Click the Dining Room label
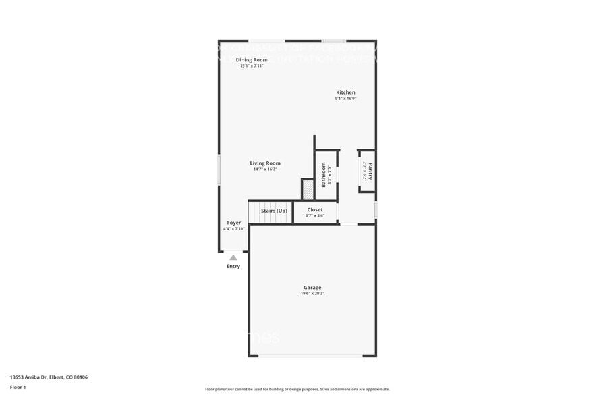coord(251,60)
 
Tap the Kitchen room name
coord(346,92)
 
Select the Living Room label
coord(265,163)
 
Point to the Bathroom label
coord(323,174)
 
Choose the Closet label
coord(315,210)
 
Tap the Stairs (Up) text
coord(273,211)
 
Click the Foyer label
coord(233,223)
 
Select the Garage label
coord(312,288)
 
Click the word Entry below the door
coord(233,266)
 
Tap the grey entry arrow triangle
coord(233,257)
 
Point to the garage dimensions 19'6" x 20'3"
coord(313,294)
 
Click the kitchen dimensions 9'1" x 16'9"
coord(345,99)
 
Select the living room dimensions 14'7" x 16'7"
coord(265,169)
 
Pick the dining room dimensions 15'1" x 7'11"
coord(251,66)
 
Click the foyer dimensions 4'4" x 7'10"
coord(233,229)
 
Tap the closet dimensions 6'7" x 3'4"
coord(315,216)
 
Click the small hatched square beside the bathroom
coord(308,190)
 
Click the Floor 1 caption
coord(18,387)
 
